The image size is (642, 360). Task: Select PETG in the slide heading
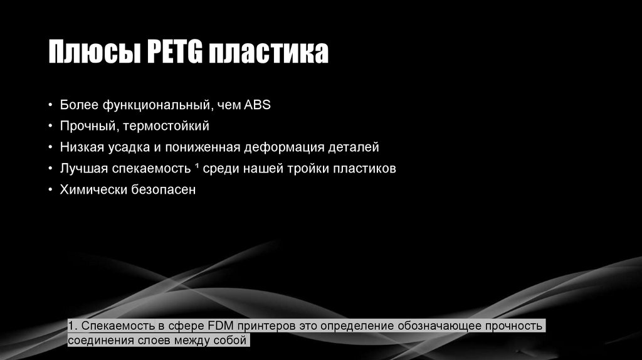click(174, 53)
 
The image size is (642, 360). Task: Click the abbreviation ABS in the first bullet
click(258, 105)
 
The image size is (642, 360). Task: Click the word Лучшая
click(84, 169)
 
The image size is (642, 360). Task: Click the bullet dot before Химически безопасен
click(50, 190)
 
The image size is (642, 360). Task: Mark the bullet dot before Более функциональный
click(50, 105)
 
